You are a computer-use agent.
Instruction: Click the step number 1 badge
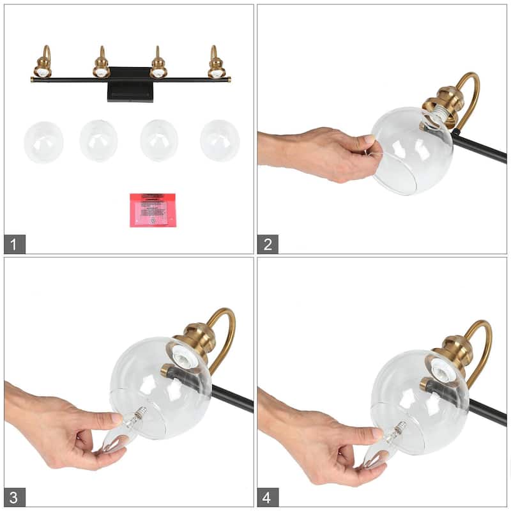coord(15,243)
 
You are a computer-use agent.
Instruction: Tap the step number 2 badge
coord(268,243)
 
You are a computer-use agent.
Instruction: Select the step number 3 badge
coord(15,496)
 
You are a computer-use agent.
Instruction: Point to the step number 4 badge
coord(268,496)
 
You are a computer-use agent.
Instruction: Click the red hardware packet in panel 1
coord(153,210)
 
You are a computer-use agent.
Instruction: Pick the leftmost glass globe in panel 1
coord(43,142)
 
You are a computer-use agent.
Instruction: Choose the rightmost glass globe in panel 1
coord(220,141)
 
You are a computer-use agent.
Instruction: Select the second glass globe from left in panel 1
coord(99,141)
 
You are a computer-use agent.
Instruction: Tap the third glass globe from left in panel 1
coord(159,141)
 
